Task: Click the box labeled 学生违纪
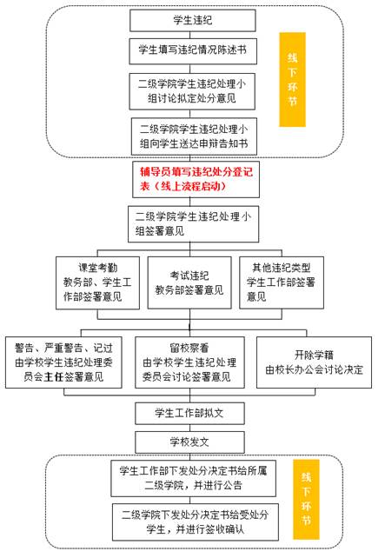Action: click(193, 21)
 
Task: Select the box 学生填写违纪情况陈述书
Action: click(193, 51)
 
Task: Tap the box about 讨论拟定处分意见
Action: click(192, 91)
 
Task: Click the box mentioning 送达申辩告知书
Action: click(194, 136)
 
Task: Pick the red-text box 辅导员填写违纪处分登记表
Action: click(196, 179)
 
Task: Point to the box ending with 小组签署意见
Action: click(193, 224)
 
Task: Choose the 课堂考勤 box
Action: click(97, 283)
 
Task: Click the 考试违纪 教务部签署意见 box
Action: click(189, 282)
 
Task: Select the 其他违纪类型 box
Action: click(282, 282)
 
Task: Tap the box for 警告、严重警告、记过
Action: click(63, 362)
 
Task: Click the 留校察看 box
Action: click(189, 362)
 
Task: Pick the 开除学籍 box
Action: click(314, 362)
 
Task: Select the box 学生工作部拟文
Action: click(189, 413)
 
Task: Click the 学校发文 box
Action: click(189, 442)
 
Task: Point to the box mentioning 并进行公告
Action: click(193, 479)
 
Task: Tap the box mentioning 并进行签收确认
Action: click(196, 522)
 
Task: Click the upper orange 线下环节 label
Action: click(292, 79)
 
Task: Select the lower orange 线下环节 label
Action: click(306, 499)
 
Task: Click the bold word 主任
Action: click(53, 377)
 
